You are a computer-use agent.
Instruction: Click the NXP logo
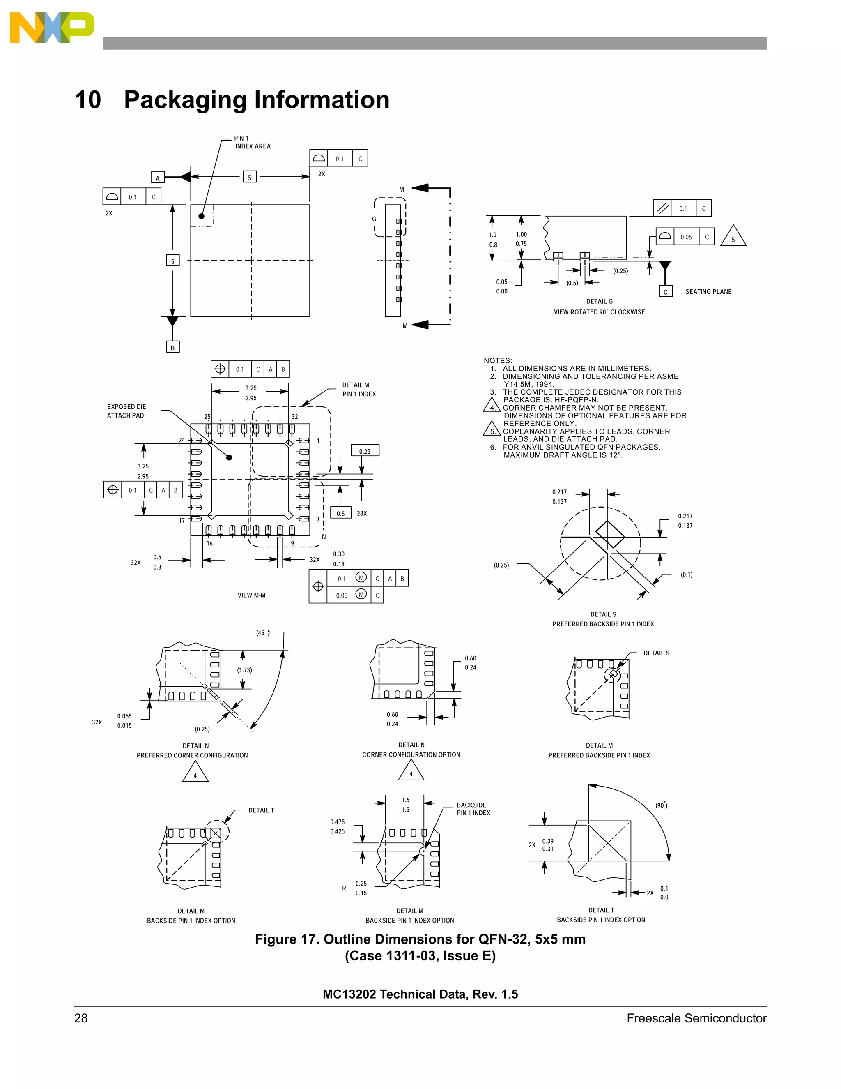[52, 28]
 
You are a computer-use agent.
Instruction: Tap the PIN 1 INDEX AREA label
[253, 143]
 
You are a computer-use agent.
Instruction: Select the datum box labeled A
[157, 178]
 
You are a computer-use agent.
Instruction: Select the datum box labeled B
[172, 348]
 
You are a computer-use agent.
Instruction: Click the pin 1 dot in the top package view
[201, 216]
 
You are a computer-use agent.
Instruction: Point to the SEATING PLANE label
[708, 292]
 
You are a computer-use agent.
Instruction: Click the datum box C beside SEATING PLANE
[665, 292]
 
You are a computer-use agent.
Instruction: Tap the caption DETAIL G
[600, 301]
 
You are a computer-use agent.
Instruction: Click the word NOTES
[498, 360]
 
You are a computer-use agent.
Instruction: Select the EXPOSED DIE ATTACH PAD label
[126, 411]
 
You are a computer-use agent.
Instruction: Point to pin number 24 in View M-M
[182, 440]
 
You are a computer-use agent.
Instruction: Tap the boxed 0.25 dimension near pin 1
[365, 451]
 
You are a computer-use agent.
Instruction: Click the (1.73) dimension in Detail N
[244, 670]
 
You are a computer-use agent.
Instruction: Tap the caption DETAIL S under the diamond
[603, 614]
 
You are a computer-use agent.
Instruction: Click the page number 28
[81, 1018]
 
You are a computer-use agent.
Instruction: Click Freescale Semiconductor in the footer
[696, 1018]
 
